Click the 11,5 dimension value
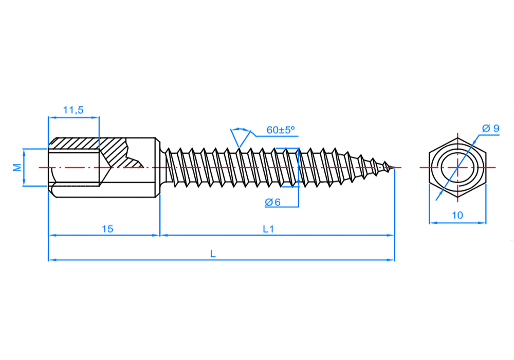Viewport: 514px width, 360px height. pyautogui.click(x=73, y=110)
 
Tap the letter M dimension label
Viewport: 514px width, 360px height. pyautogui.click(x=17, y=168)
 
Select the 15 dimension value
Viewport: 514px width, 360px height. pyautogui.click(x=107, y=229)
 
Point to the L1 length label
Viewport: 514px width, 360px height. pyautogui.click(x=268, y=229)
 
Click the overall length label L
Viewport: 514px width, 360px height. pyautogui.click(x=213, y=253)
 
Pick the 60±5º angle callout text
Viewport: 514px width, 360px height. pyautogui.click(x=281, y=130)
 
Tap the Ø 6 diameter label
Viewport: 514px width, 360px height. pyautogui.click(x=273, y=202)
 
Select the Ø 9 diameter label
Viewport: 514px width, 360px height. pyautogui.click(x=491, y=129)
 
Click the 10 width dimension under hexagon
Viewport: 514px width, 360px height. pyautogui.click(x=457, y=215)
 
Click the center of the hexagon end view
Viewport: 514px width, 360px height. pyautogui.click(x=457, y=168)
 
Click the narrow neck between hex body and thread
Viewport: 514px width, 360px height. pyautogui.click(x=162, y=168)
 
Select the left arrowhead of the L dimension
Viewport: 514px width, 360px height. pyautogui.click(x=51, y=260)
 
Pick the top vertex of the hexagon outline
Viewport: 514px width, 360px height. pyautogui.click(x=457, y=137)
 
